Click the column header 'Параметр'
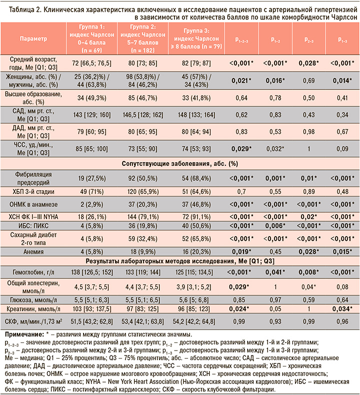click(33, 39)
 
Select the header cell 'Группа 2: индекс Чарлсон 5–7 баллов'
click(143, 38)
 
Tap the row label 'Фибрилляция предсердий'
click(33, 178)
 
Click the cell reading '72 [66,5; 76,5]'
click(91, 63)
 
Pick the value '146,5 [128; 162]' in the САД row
click(143, 115)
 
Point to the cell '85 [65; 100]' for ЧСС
click(91, 149)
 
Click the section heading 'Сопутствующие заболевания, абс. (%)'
click(180, 163)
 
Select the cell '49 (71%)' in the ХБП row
click(91, 191)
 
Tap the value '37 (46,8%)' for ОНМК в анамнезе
click(196, 204)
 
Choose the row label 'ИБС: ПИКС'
click(33, 225)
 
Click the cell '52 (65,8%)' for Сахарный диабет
click(196, 238)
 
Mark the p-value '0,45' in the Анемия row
click(275, 251)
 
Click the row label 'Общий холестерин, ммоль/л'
click(33, 287)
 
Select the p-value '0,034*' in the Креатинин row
click(342, 309)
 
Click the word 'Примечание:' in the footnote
click(24, 334)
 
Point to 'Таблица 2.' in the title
click(25, 10)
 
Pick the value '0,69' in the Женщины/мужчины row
click(309, 80)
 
